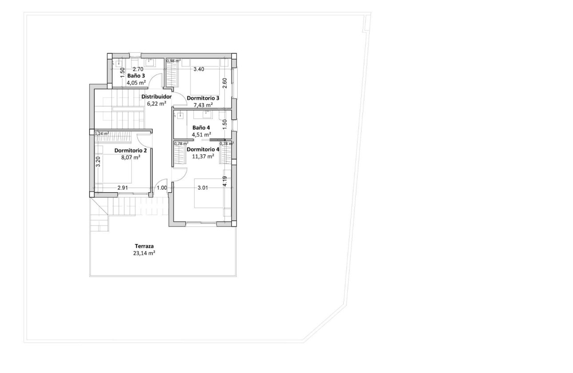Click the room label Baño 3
[136, 75]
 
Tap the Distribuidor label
[156, 96]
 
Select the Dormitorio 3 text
[203, 98]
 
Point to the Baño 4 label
[201, 127]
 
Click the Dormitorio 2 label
[131, 150]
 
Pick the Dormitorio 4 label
[203, 149]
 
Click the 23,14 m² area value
[144, 253]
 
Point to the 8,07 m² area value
[131, 157]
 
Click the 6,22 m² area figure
[156, 103]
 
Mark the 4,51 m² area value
[201, 135]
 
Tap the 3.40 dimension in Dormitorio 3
[199, 69]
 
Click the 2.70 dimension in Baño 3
[138, 69]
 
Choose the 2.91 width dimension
[123, 188]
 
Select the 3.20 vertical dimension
[98, 161]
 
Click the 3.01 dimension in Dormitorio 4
[203, 188]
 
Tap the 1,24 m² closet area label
[101, 133]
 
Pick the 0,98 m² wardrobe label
[174, 61]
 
